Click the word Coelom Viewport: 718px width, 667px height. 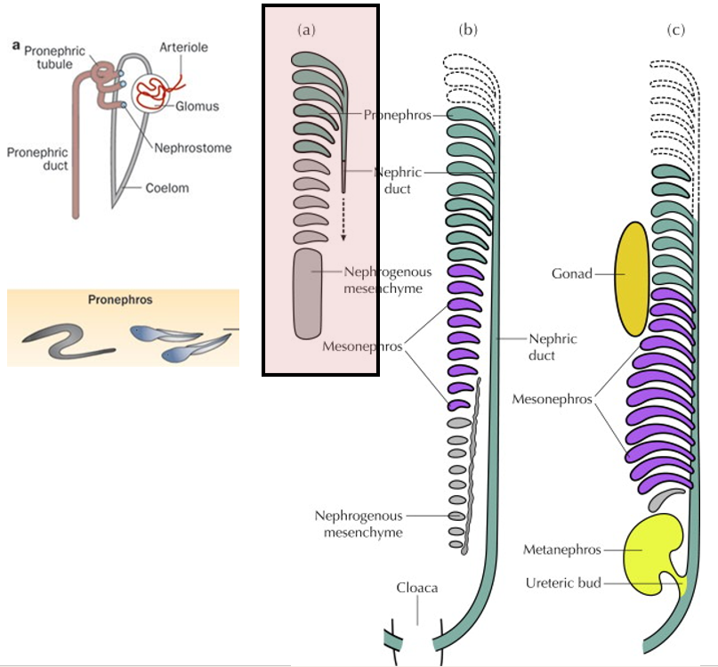[169, 188]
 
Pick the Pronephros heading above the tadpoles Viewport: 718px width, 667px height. [120, 301]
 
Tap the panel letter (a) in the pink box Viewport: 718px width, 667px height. [306, 30]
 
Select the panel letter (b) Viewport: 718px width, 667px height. [468, 30]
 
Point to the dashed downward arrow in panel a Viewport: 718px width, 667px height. [343, 218]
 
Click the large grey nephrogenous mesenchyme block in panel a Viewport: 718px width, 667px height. [308, 294]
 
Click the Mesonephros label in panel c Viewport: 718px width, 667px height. [552, 399]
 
